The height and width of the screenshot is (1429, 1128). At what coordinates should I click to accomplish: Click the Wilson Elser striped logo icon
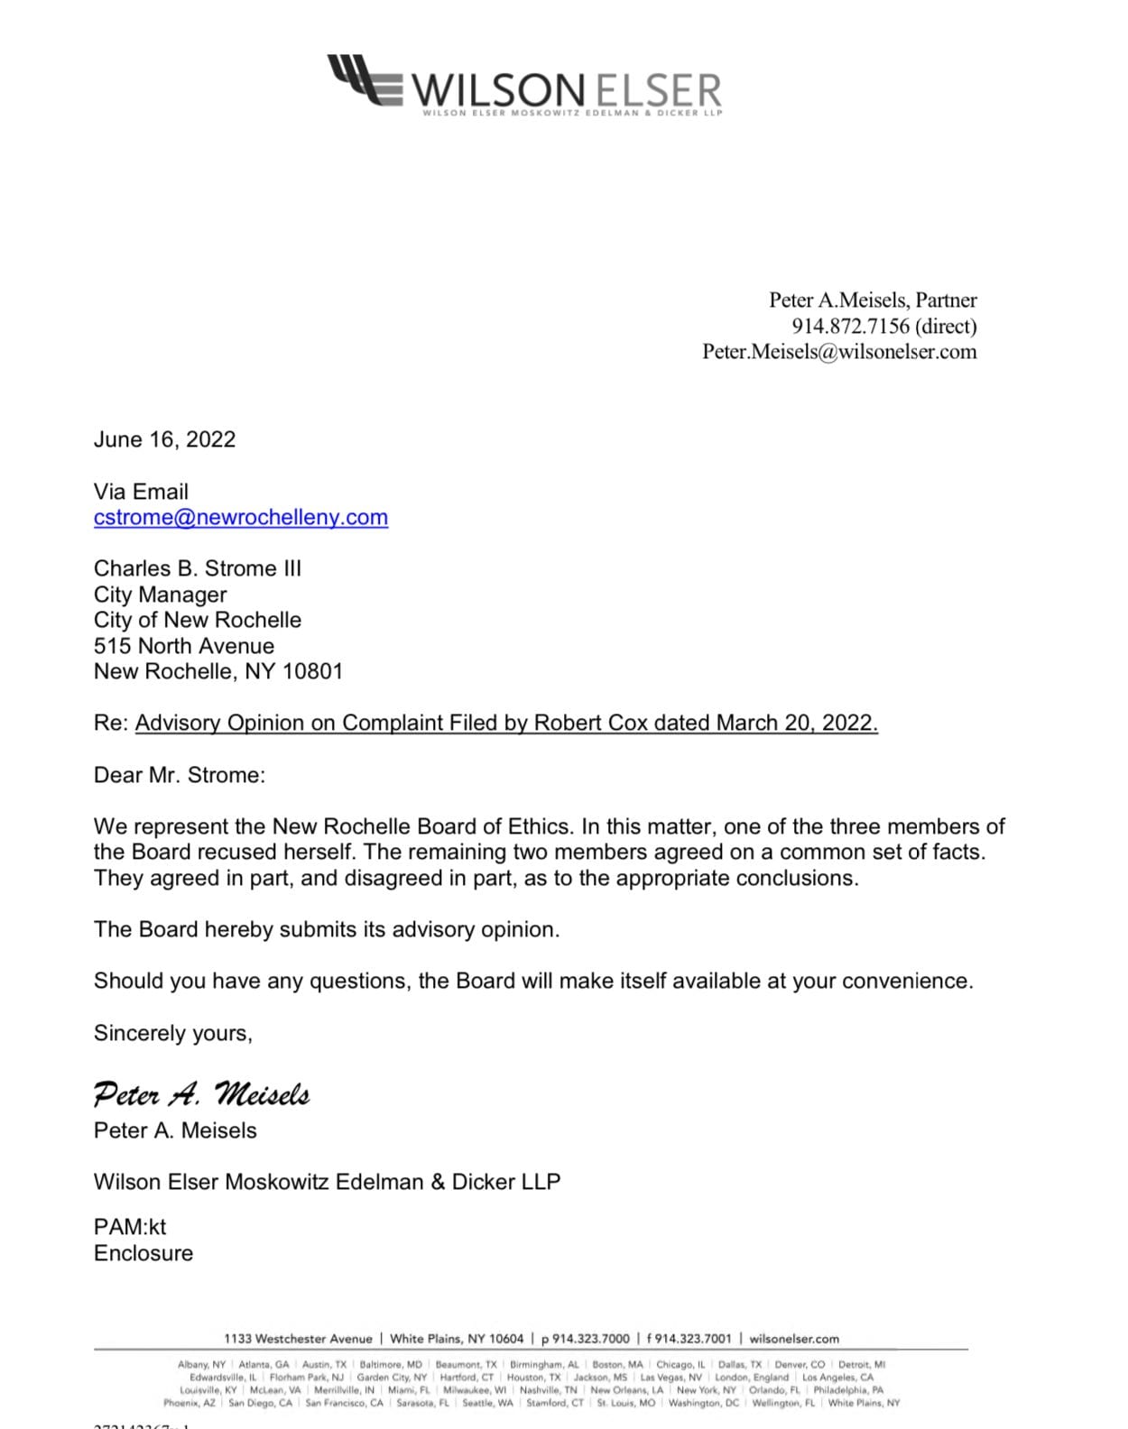pos(365,79)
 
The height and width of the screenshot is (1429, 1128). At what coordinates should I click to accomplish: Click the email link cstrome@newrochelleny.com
pos(241,518)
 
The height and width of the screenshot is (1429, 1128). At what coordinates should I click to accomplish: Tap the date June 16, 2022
pos(164,439)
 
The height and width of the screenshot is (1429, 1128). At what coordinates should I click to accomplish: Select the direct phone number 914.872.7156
pos(850,326)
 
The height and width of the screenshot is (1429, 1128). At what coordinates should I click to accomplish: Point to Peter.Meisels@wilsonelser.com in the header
pos(839,352)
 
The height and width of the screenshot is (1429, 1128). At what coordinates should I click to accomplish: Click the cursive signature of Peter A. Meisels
pos(201,1094)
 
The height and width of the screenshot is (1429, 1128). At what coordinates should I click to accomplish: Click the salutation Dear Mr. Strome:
pos(180,775)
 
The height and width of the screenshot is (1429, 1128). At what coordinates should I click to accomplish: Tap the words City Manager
pos(161,595)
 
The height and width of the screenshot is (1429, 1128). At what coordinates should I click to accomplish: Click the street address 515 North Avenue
pos(184,646)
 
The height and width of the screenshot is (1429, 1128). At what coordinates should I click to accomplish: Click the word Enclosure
pos(143,1253)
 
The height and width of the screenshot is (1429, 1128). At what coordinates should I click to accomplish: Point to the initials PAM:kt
pos(130,1227)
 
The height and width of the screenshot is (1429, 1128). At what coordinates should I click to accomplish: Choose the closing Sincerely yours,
pos(173,1033)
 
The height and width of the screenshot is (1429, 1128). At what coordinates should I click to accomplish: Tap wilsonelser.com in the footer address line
pos(794,1339)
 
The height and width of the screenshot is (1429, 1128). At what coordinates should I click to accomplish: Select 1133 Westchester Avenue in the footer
pos(298,1339)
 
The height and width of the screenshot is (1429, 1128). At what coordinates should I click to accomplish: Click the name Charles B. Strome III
pos(198,568)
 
